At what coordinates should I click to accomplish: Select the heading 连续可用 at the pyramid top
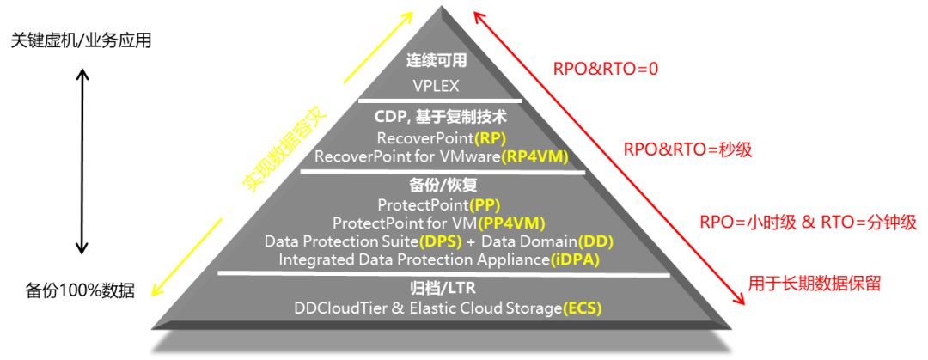click(x=437, y=61)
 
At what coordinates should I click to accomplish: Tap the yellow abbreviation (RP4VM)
click(x=534, y=157)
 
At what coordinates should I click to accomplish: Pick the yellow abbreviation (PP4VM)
click(x=511, y=223)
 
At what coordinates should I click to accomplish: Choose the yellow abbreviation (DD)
click(x=595, y=242)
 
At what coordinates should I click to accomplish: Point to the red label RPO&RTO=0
click(x=606, y=70)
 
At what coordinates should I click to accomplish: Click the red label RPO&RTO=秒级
click(x=687, y=149)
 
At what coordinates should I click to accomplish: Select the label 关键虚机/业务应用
click(x=81, y=40)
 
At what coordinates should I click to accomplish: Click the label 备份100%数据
click(x=80, y=290)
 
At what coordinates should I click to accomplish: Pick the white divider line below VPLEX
click(x=440, y=100)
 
